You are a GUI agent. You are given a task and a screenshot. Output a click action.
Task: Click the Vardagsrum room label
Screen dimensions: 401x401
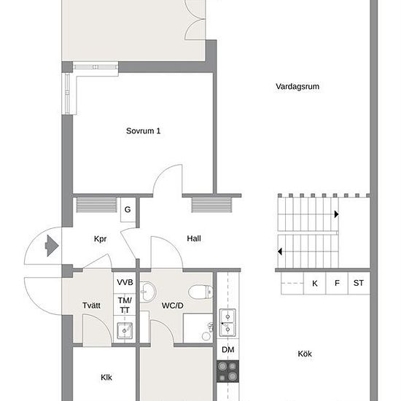click(297, 87)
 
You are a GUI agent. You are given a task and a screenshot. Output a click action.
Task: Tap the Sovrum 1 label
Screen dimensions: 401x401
click(143, 131)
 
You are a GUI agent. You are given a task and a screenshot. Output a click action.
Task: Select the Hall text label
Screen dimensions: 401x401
click(194, 238)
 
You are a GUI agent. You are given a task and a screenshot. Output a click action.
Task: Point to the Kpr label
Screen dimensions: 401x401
click(101, 239)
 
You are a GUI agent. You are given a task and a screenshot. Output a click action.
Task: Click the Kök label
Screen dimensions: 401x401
click(305, 354)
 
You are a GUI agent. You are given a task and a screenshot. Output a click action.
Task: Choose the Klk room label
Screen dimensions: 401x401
click(106, 378)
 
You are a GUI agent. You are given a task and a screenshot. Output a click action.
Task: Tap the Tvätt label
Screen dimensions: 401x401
click(91, 305)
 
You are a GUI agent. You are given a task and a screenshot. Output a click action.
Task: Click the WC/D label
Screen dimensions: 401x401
click(173, 305)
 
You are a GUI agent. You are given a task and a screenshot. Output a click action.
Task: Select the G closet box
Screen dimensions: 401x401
click(128, 210)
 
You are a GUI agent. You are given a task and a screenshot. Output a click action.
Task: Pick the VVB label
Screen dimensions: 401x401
click(125, 282)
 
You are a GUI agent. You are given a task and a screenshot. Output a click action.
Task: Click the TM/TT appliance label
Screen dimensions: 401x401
click(125, 305)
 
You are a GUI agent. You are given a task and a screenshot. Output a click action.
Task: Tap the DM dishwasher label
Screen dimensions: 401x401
click(228, 349)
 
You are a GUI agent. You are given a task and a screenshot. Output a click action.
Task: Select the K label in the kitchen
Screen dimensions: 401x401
click(315, 284)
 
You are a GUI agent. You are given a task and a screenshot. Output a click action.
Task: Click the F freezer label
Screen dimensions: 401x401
click(337, 283)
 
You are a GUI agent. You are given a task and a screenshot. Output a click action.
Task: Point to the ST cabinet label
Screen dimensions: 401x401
click(359, 283)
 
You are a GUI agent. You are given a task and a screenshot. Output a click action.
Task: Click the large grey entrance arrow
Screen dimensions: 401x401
click(52, 246)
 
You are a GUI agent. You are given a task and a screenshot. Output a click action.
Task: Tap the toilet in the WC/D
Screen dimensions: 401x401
click(201, 292)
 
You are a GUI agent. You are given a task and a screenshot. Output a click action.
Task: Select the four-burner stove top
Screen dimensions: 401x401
click(228, 371)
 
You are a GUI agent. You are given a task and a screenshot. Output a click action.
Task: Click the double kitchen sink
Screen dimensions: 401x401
click(227, 323)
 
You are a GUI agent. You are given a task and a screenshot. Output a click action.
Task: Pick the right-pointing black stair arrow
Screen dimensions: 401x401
click(337, 214)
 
